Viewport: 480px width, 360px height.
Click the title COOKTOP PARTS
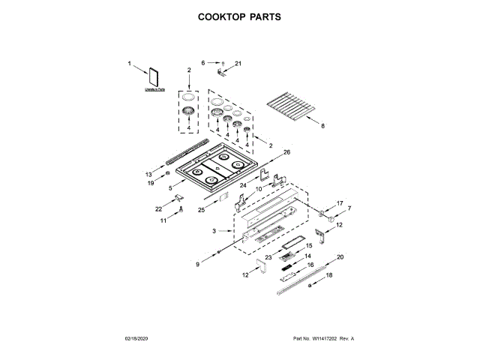click(239, 16)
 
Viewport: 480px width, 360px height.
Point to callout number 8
click(323, 126)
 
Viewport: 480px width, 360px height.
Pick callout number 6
click(202, 63)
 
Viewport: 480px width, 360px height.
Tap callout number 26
click(286, 152)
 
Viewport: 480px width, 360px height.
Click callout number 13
click(148, 174)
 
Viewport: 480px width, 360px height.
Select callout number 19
click(150, 182)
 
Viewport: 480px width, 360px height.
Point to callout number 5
click(170, 187)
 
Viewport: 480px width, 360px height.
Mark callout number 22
click(158, 208)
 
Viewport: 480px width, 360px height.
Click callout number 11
click(163, 220)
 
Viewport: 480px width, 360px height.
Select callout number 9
click(198, 264)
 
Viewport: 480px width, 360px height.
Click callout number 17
click(339, 202)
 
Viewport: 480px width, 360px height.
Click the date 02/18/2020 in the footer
click(137, 340)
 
